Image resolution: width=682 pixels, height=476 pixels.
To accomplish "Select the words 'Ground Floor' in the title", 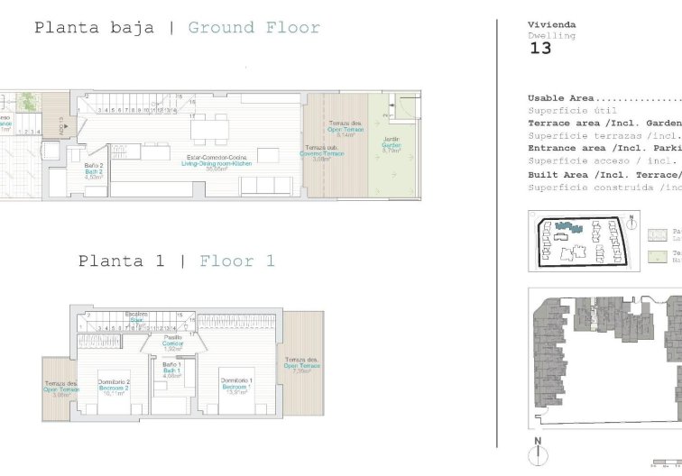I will coord(253,28).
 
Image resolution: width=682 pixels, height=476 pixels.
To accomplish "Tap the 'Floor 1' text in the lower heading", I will coord(237,261).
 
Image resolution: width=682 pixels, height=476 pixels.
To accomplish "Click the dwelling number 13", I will coord(539,49).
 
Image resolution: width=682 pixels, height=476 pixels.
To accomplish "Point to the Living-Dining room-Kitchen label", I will coord(216,163).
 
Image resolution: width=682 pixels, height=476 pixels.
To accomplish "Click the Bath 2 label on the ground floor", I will coord(95,171).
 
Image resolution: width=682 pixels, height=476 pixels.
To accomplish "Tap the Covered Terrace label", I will coord(323,153).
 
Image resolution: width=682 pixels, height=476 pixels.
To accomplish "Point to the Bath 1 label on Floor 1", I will coord(173,371).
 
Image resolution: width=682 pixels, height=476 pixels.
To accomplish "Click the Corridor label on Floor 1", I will coord(172,343).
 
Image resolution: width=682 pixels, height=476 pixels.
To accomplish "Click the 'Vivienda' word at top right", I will coord(552,24).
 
